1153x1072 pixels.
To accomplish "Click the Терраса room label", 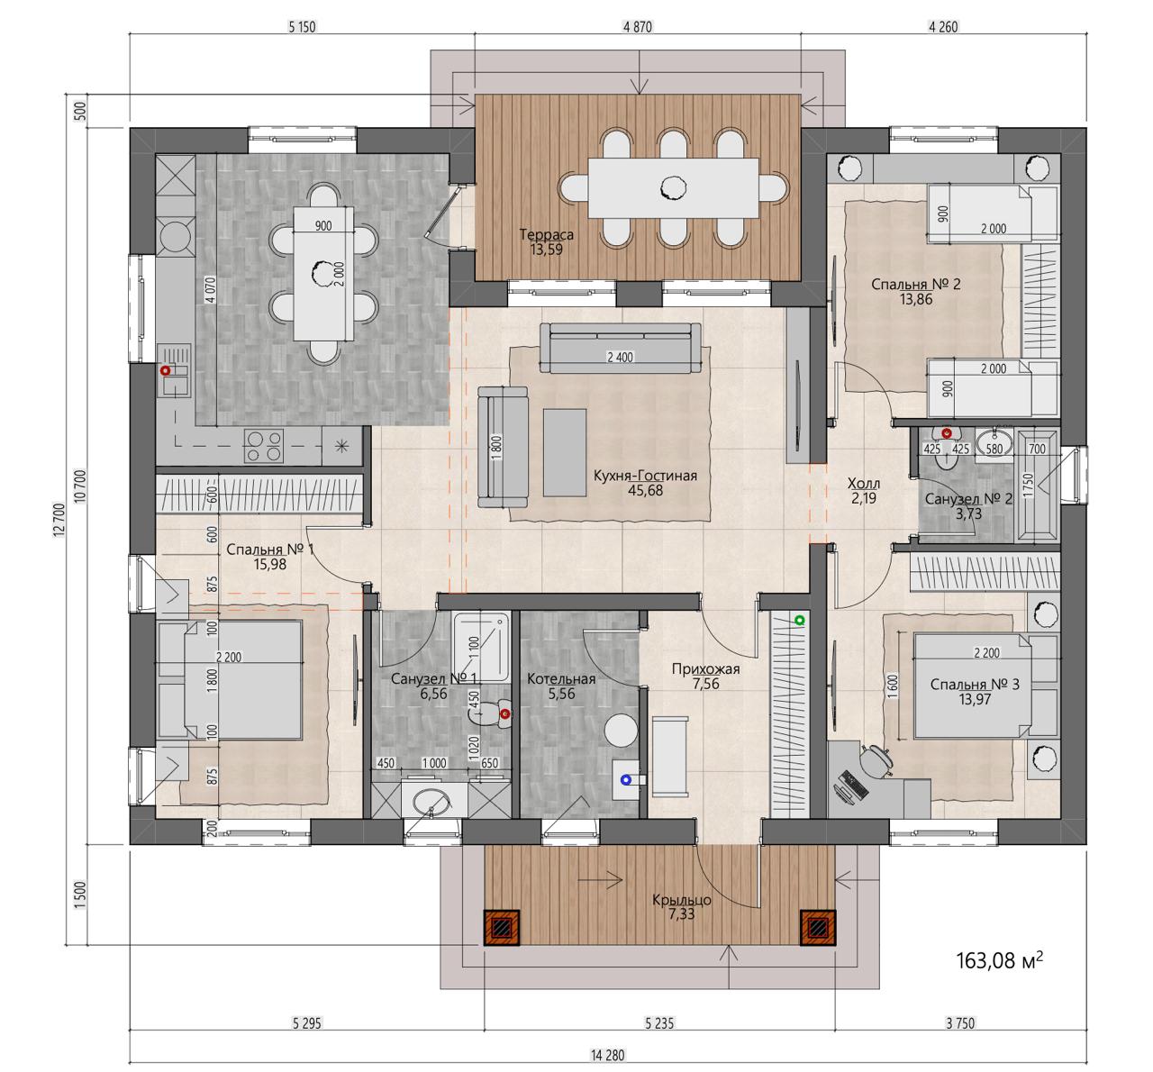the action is point(546,234).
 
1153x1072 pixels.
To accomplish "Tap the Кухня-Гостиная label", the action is point(644,476).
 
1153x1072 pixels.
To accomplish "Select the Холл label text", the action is point(863,483).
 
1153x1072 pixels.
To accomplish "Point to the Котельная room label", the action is point(561,679).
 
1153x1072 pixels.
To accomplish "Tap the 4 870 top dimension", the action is point(638,27).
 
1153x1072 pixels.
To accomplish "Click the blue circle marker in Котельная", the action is point(626,780).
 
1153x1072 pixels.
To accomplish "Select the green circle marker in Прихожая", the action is point(799,621).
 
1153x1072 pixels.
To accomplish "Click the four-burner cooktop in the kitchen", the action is point(264,446).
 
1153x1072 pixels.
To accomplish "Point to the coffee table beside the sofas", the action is point(564,452).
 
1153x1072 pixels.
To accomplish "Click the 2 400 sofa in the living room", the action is point(620,347).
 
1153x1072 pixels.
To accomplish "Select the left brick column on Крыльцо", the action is point(502,927).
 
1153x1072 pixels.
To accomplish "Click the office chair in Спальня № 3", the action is point(876,761).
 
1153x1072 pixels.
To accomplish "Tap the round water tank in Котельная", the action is point(621,730).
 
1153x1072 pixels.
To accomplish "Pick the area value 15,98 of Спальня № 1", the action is point(270,564).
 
